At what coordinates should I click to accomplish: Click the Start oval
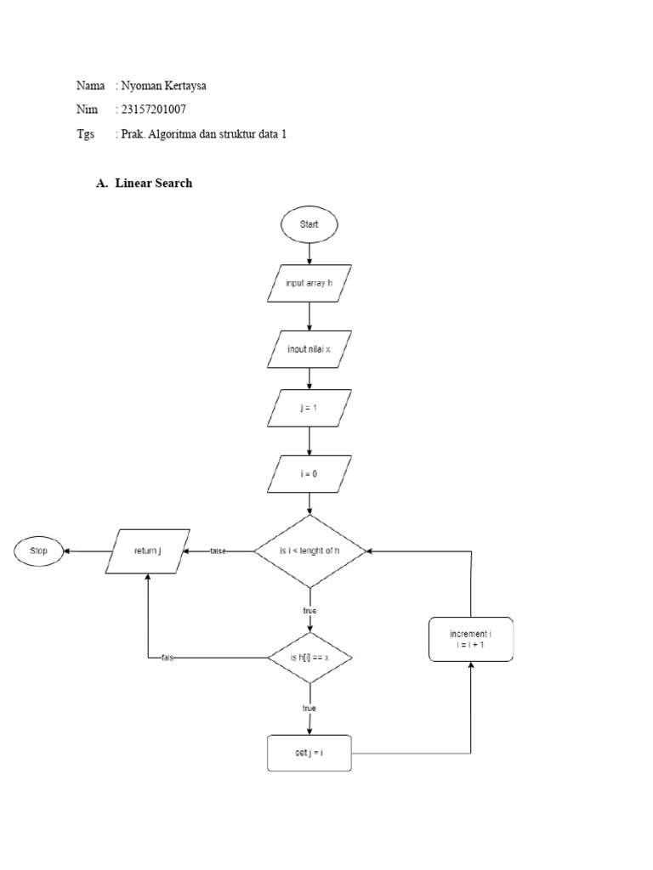pos(309,224)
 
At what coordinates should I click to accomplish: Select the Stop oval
pos(39,551)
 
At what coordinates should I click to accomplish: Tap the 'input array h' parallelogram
pos(309,283)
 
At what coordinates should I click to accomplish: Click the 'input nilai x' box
pos(309,348)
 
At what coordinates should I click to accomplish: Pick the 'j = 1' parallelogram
pos(309,408)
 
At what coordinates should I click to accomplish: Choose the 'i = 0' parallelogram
pos(309,473)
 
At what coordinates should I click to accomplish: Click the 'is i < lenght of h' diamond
pos(309,551)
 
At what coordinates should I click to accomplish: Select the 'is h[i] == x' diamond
pos(309,658)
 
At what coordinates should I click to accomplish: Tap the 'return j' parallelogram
pos(148,551)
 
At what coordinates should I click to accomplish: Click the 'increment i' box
pos(469,639)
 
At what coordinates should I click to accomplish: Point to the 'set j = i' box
pos(309,753)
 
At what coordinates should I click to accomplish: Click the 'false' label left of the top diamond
pos(218,551)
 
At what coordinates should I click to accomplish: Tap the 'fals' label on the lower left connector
pos(168,658)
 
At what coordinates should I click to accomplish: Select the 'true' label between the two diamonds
pos(309,610)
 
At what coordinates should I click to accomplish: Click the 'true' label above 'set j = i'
pos(309,708)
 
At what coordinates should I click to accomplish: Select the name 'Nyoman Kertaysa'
pos(167,86)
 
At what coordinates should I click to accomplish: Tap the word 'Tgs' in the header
pos(85,134)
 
